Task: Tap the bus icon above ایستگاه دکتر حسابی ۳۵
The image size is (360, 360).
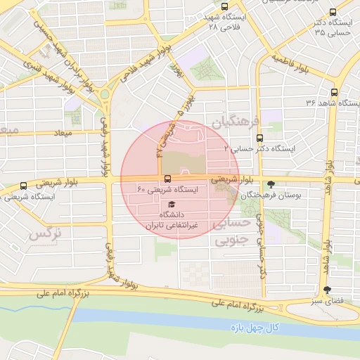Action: (x=333, y=11)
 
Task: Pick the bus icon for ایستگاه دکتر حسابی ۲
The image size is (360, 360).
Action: (x=260, y=138)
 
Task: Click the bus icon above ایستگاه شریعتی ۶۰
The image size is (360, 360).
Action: (x=167, y=179)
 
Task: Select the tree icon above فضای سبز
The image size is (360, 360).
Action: (x=326, y=290)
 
